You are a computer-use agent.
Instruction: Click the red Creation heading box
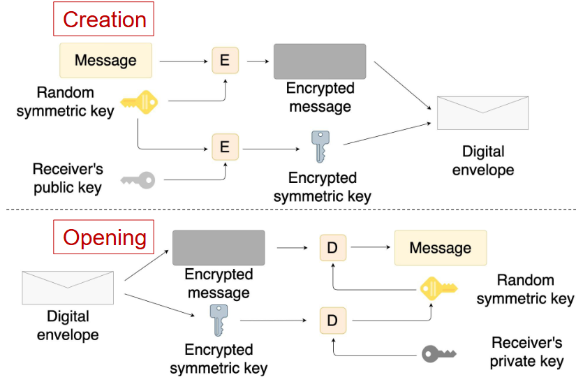(x=103, y=19)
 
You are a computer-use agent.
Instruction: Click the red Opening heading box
(x=103, y=237)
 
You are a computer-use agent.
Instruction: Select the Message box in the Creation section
(x=105, y=60)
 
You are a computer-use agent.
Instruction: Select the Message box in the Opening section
(x=440, y=248)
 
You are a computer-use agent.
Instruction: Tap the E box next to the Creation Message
(x=225, y=60)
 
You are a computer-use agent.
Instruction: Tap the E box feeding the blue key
(x=225, y=147)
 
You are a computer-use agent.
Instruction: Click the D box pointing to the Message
(x=332, y=248)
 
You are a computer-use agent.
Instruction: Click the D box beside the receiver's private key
(x=332, y=321)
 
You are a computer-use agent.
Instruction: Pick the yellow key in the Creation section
(x=139, y=103)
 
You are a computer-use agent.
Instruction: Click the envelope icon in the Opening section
(x=68, y=287)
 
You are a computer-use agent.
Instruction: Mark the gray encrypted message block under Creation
(x=319, y=61)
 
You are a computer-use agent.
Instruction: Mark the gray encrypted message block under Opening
(x=219, y=247)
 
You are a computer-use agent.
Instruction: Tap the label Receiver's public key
(x=67, y=178)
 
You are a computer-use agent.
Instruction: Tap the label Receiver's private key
(x=526, y=352)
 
